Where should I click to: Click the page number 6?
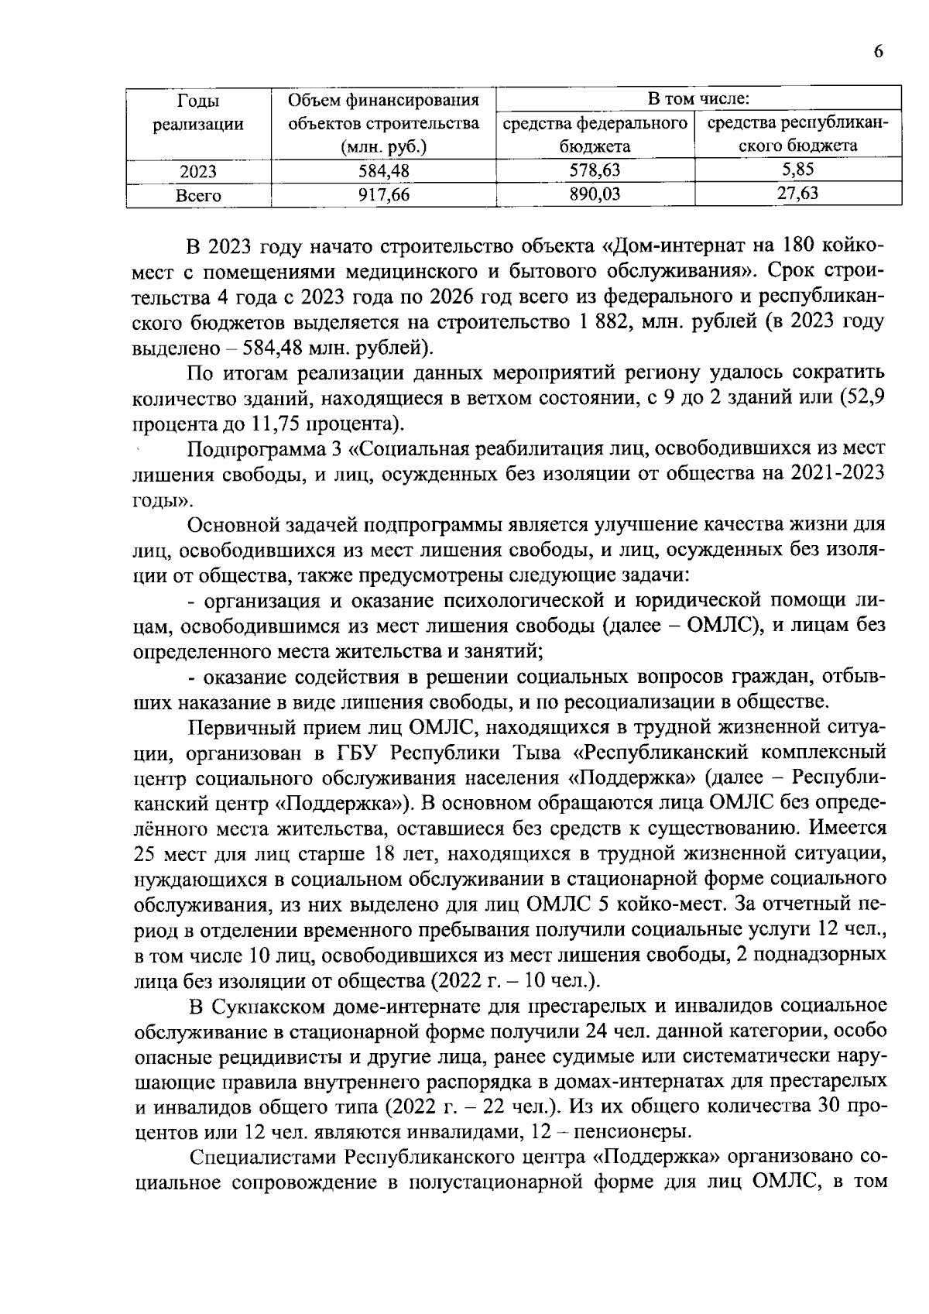878,52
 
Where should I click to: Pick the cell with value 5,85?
797,170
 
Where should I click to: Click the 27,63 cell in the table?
797,194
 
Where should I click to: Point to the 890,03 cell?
595,195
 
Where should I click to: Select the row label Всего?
198,196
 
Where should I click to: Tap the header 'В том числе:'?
698,99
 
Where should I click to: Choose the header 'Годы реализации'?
198,112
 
